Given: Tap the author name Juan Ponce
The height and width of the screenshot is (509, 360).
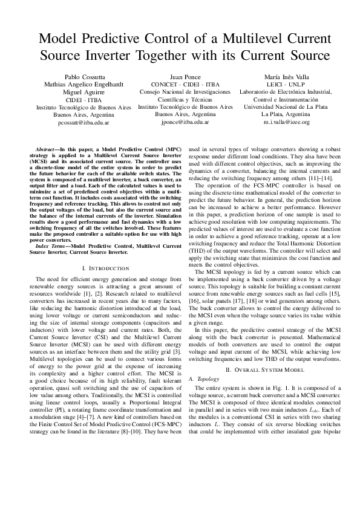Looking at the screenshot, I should coord(185,77).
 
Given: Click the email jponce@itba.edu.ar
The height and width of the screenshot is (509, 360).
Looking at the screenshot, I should coord(185,121).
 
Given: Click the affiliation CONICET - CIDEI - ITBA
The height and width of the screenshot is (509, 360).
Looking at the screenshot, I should coord(185,85).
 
